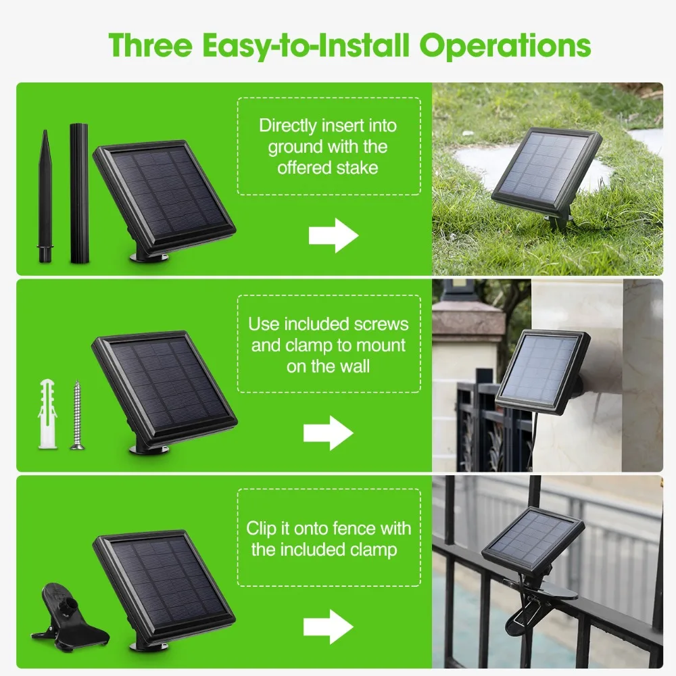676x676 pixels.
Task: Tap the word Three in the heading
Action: pos(150,45)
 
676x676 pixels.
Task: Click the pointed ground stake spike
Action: pos(45,196)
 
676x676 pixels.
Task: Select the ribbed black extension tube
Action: pos(79,193)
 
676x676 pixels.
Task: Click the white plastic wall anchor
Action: pos(47,414)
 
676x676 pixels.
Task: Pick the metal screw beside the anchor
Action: pos(77,416)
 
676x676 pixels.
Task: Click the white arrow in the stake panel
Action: pos(334,235)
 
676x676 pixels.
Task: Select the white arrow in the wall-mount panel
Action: pos(329,433)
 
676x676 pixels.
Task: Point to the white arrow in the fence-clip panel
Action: pos(329,627)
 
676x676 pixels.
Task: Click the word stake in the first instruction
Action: pos(357,168)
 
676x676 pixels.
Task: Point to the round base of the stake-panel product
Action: pos(149,258)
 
